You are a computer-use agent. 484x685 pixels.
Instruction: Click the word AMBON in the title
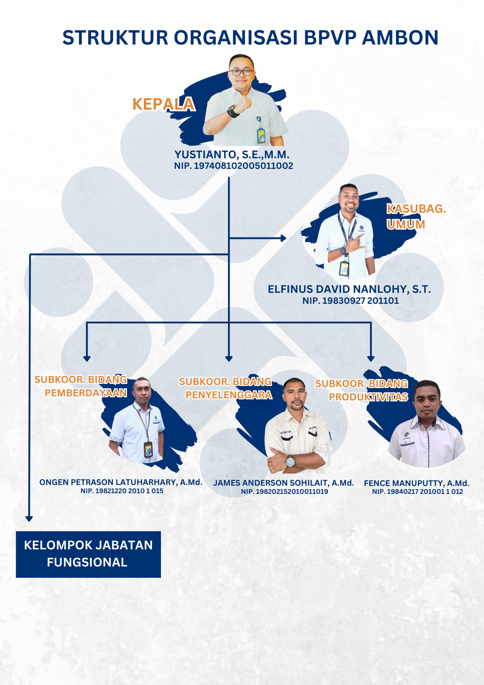click(400, 37)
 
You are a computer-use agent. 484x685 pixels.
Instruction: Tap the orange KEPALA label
click(163, 104)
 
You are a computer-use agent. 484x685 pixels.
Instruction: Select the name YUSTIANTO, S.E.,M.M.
click(232, 154)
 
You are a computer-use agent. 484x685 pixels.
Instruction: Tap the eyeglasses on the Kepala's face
click(241, 72)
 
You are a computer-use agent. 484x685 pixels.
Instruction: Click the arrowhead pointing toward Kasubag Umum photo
click(283, 238)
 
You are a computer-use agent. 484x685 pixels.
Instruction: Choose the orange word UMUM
click(406, 224)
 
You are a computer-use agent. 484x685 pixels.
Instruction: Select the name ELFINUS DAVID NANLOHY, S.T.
click(349, 289)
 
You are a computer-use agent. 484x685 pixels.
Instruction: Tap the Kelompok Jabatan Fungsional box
click(88, 554)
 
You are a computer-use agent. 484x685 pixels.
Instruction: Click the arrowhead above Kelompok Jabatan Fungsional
click(29, 519)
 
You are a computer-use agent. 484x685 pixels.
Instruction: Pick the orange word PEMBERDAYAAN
click(86, 393)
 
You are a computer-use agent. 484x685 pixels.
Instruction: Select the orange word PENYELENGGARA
click(229, 395)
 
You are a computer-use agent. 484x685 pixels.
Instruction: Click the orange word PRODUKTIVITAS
click(368, 397)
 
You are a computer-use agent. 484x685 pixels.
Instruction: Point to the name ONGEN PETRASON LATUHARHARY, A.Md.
click(121, 482)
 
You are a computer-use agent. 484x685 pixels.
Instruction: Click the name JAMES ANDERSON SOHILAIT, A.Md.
click(283, 483)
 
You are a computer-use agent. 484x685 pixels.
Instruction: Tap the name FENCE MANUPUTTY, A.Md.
click(417, 483)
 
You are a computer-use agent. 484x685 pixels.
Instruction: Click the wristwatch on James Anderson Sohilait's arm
click(290, 461)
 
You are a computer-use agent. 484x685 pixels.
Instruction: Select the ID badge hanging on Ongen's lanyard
click(148, 449)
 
